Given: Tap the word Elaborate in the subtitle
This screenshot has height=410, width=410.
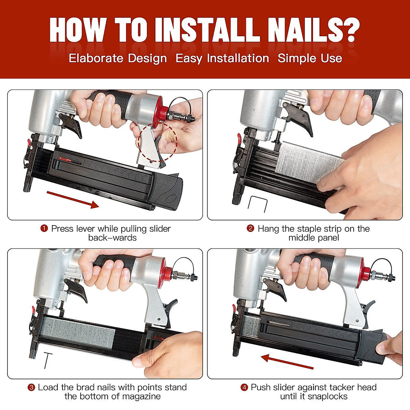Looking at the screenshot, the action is [x=96, y=58].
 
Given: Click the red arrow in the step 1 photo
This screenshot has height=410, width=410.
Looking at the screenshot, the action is [x=73, y=200].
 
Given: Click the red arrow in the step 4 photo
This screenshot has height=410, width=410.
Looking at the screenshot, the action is [x=287, y=361].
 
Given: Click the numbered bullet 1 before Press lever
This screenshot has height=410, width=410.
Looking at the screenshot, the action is [x=44, y=229].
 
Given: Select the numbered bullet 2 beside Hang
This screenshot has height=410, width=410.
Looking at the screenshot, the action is [x=250, y=229].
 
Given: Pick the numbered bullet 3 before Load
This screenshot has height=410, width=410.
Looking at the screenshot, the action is [x=31, y=387].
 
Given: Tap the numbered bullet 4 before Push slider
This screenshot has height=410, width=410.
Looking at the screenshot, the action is [x=244, y=387].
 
